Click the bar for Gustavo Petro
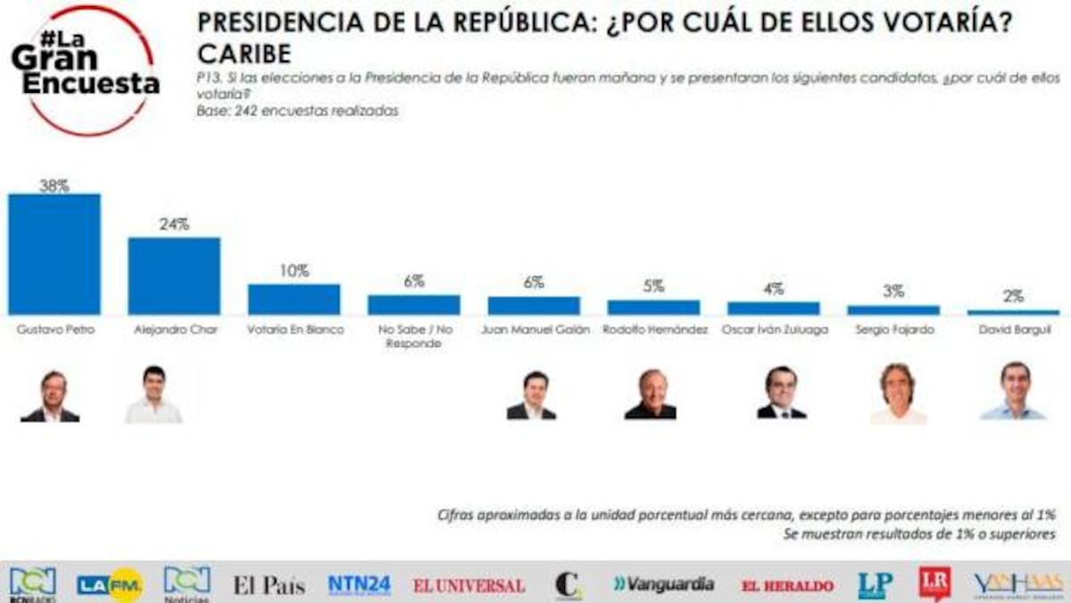(54, 253)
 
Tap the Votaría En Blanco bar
(294, 299)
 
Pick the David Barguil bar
(1013, 312)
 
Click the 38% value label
(54, 186)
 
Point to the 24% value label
(174, 225)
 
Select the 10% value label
(294, 271)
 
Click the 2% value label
(1013, 297)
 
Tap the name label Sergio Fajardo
(893, 329)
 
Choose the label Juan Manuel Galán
(534, 329)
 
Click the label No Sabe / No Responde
(414, 335)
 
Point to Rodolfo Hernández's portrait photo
(651, 393)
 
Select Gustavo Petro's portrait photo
(52, 396)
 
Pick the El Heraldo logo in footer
(787, 586)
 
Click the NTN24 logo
(359, 585)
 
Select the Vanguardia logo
(663, 584)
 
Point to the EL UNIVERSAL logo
(469, 586)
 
